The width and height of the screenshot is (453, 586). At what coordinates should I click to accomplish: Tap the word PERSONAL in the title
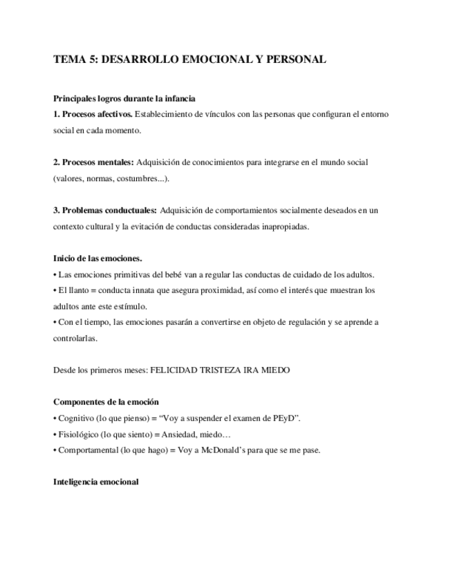tap(297, 60)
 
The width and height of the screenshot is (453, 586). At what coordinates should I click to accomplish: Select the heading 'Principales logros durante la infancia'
tap(129, 98)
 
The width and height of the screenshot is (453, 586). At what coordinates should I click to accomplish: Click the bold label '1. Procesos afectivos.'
tap(93, 113)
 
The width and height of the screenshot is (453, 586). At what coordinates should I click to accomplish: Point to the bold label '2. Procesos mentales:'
tap(93, 162)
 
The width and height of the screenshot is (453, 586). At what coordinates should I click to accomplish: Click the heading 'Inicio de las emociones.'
tap(98, 258)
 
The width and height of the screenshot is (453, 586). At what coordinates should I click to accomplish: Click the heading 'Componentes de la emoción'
tap(106, 401)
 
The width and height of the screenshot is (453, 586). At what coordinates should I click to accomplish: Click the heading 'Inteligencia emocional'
tap(96, 482)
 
